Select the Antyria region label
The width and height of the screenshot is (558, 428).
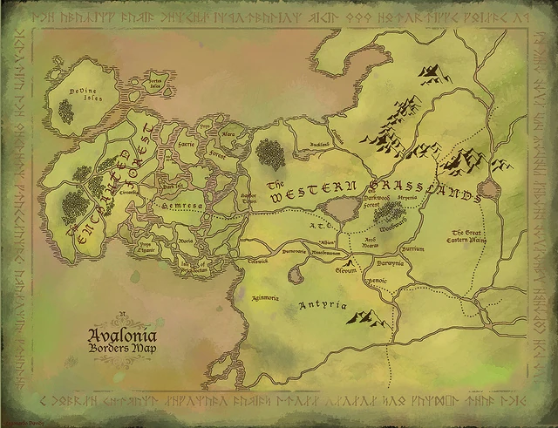tap(323, 306)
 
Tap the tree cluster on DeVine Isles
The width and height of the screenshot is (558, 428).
tap(65, 111)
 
